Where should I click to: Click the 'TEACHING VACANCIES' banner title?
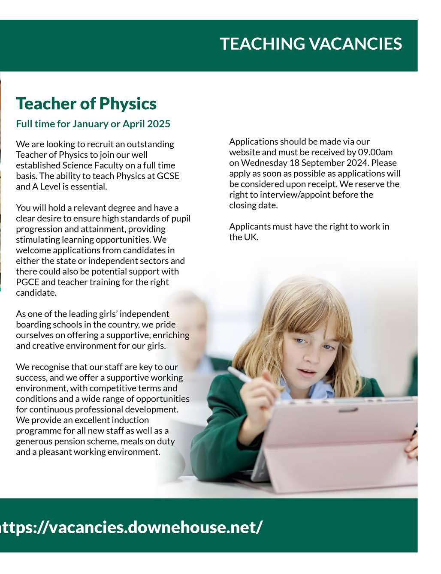pos(311,44)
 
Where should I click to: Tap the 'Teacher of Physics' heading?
pos(86,103)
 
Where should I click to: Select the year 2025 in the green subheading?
pos(159,124)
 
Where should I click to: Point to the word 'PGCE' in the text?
pos(27,282)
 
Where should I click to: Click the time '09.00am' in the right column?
pos(375,152)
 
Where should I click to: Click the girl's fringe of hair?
pos(309,313)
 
